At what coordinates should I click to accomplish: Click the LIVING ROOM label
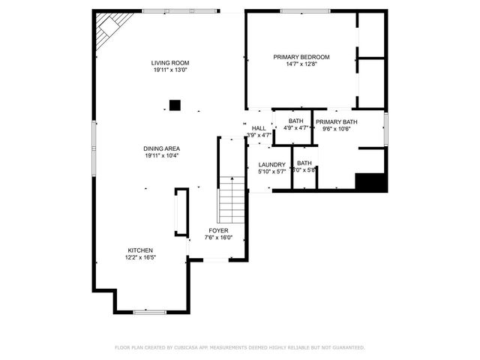click(169, 63)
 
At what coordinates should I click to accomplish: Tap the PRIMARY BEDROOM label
click(301, 57)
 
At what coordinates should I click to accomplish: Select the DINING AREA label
click(162, 148)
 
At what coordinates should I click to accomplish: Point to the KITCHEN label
click(140, 250)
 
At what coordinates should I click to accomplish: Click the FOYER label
click(219, 230)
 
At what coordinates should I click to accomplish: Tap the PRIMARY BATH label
click(336, 121)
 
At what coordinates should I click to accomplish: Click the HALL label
click(259, 128)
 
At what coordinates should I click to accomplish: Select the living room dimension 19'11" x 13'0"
click(169, 70)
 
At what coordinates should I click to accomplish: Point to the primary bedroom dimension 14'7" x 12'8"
click(301, 64)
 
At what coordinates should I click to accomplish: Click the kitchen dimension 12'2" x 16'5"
click(140, 257)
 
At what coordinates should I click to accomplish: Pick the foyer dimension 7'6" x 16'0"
click(219, 238)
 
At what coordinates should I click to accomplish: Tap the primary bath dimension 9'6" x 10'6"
click(336, 128)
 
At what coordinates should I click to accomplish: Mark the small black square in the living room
click(175, 106)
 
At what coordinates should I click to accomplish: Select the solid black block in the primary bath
click(370, 182)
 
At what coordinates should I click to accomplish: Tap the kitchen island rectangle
click(180, 213)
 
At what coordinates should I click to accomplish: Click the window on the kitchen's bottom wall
click(150, 311)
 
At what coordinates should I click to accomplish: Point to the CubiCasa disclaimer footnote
click(240, 347)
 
